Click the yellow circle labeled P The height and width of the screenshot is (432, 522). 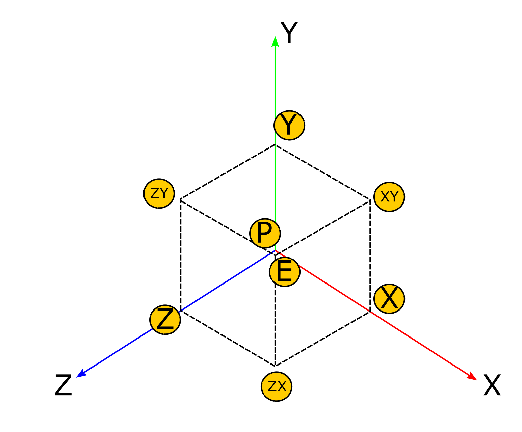pos(265,233)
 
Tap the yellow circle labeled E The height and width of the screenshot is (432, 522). pos(285,272)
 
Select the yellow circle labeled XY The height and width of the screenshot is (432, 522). pos(389,197)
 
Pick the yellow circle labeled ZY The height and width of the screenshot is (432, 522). pos(159,193)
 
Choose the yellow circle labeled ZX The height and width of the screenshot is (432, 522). pos(277,386)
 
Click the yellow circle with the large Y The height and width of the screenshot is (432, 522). pos(289,125)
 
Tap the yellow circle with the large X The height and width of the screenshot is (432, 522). pos(389,299)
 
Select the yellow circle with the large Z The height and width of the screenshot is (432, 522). pos(165,320)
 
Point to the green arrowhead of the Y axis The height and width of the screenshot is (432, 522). pos(275,41)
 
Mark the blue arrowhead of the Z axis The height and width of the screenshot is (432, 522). pos(81,373)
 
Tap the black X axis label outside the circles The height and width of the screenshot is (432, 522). pos(492,385)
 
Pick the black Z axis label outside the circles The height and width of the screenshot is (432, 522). pos(63,385)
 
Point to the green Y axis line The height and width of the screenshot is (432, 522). pos(275,84)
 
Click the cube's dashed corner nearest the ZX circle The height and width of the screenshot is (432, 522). pos(275,366)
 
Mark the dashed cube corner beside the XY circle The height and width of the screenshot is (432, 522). pos(370,200)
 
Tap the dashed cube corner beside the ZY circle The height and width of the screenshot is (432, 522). pos(181,199)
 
